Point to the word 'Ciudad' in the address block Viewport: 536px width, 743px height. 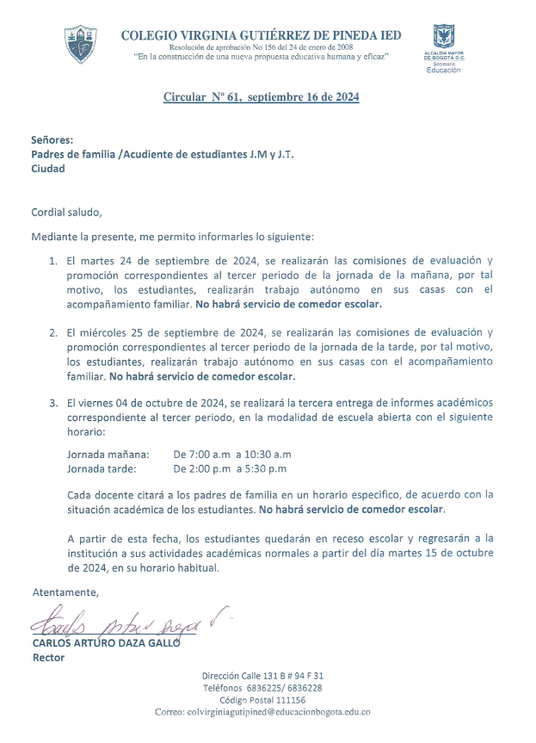pyautogui.click(x=48, y=169)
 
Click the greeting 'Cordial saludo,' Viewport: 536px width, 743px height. pyautogui.click(x=66, y=211)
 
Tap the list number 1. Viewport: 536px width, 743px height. pyautogui.click(x=52, y=259)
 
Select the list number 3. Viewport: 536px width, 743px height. pyautogui.click(x=52, y=403)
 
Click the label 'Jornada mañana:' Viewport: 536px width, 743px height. pyautogui.click(x=108, y=454)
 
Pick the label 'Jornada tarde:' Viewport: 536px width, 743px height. pyautogui.click(x=102, y=469)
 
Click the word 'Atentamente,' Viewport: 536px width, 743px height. pyautogui.click(x=65, y=592)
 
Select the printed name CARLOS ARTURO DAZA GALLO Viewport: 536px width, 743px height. pyautogui.click(x=106, y=643)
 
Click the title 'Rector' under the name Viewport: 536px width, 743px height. pyautogui.click(x=48, y=658)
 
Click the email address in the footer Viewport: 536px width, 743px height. pyautogui.click(x=262, y=713)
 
